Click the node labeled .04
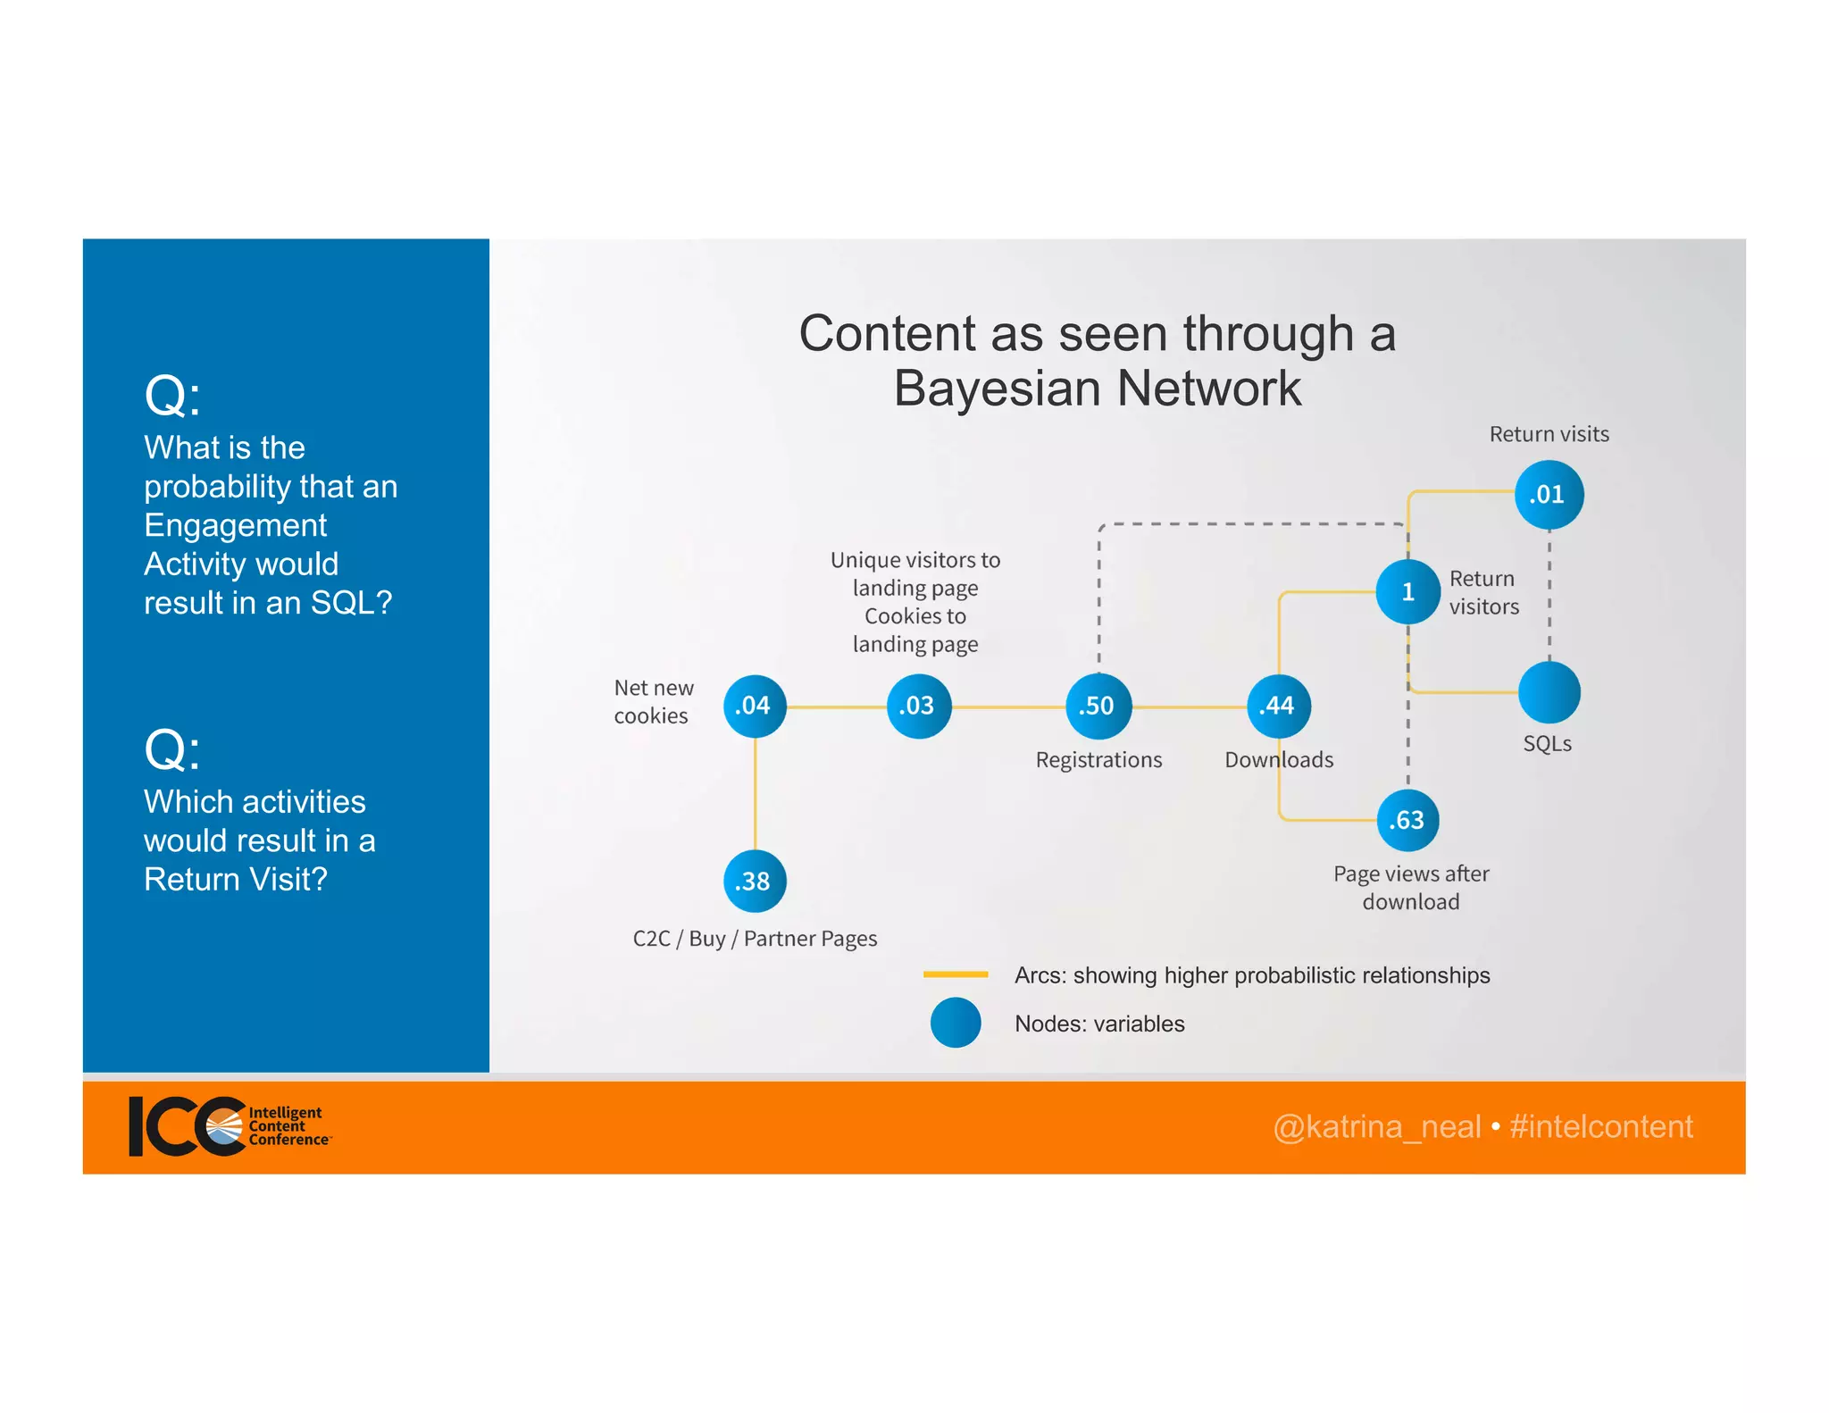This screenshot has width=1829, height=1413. (755, 706)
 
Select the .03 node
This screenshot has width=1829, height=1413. (918, 706)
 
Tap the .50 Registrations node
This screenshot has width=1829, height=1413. (1098, 706)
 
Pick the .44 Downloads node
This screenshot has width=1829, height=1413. (1279, 706)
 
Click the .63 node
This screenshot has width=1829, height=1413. (1407, 820)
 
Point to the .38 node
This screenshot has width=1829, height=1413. (755, 882)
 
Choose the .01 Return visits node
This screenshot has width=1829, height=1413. (1549, 495)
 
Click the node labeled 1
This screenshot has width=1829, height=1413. (1407, 591)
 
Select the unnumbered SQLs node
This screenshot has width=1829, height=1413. (1549, 692)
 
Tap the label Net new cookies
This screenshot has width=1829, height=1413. (653, 702)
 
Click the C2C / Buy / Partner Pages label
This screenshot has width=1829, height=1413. (755, 939)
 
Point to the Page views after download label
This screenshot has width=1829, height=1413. (1411, 887)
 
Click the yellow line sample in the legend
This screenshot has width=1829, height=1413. (956, 974)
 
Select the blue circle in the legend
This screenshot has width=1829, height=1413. (956, 1023)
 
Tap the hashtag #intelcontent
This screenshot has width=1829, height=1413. (1600, 1127)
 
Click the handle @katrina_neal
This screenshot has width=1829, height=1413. (1376, 1127)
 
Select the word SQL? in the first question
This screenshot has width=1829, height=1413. (351, 603)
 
